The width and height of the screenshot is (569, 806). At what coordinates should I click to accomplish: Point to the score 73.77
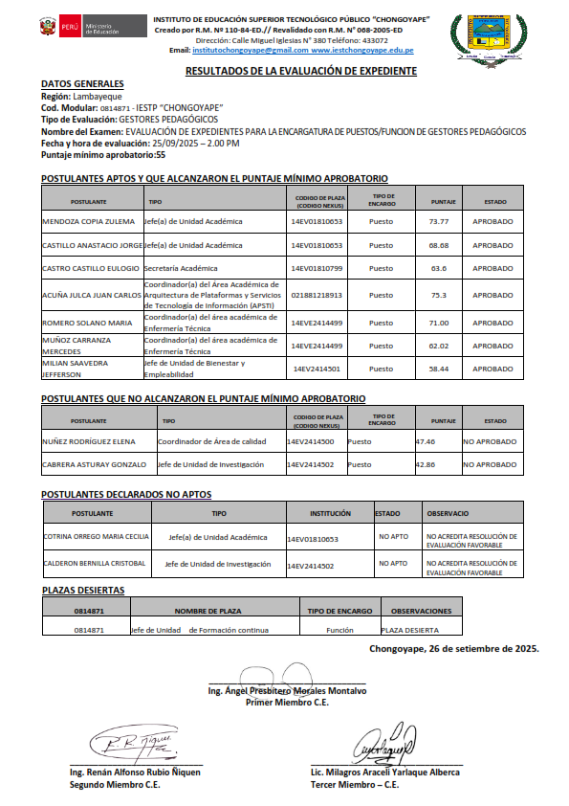439,221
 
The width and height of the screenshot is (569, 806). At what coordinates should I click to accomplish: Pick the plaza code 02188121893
317,295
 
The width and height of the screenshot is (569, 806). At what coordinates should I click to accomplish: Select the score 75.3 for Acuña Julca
439,295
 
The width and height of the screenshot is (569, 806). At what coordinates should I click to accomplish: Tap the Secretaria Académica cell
181,268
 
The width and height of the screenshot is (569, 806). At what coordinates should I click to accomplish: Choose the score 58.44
439,369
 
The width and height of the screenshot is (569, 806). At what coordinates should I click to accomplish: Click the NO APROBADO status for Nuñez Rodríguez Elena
490,441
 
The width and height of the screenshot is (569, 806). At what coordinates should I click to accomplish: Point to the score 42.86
426,464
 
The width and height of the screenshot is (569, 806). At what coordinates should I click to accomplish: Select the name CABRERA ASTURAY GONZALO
94,464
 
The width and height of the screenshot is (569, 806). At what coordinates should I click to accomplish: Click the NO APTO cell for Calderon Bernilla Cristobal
392,563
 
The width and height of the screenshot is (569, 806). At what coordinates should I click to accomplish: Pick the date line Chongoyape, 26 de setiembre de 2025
453,648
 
